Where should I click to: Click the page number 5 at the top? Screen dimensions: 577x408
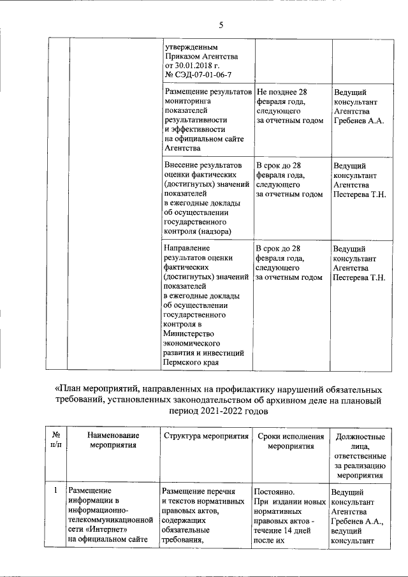pyautogui.click(x=221, y=25)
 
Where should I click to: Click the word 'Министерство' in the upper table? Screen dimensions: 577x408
pyautogui.click(x=189, y=334)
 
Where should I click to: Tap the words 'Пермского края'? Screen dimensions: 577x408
pyautogui.click(x=191, y=363)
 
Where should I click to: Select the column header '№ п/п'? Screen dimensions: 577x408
pyautogui.click(x=55, y=440)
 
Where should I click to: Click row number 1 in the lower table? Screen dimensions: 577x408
pyautogui.click(x=56, y=491)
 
